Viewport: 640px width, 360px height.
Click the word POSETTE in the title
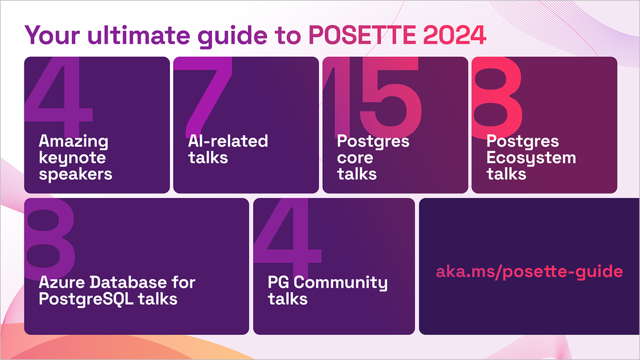[x=362, y=35]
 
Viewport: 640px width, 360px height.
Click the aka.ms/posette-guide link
[x=529, y=272]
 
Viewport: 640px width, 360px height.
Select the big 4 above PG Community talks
[x=288, y=239]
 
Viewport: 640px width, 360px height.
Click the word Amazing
[x=74, y=142]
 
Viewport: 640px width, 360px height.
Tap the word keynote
[x=72, y=158]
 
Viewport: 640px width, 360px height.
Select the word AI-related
[x=228, y=141]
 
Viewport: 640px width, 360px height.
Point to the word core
[x=355, y=158]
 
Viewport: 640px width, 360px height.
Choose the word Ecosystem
[x=531, y=158]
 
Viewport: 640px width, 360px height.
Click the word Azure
[x=62, y=282]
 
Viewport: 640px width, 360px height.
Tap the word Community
[x=340, y=283]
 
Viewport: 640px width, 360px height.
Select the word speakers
[x=76, y=175]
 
